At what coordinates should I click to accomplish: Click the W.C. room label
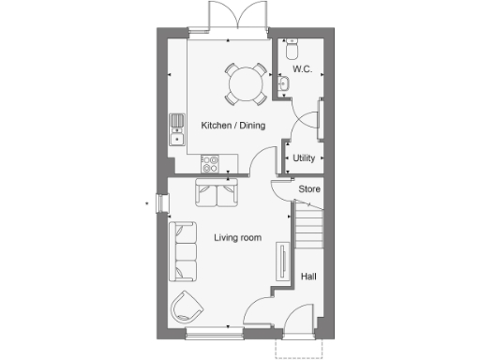[302, 69]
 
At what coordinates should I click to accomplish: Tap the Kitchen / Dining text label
[233, 125]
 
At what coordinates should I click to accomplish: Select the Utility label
[304, 158]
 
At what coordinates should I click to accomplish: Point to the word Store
[309, 190]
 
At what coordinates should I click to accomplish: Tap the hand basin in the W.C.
[285, 85]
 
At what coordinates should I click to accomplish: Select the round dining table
[246, 83]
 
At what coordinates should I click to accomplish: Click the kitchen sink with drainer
[176, 128]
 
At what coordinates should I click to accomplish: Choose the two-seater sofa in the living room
[217, 193]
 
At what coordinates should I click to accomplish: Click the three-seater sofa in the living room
[182, 251]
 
